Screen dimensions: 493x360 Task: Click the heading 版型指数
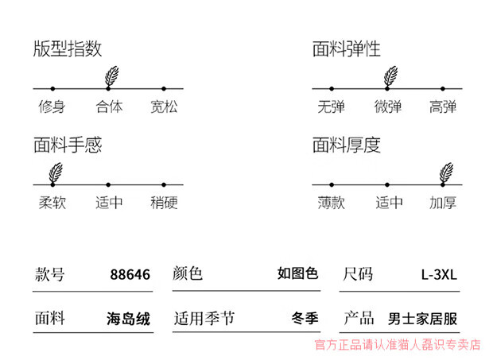click(68, 49)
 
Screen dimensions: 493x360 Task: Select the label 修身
click(52, 106)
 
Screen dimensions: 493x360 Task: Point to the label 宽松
click(164, 106)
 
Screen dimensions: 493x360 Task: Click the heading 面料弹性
click(346, 49)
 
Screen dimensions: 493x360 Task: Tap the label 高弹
click(443, 106)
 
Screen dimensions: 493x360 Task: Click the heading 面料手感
click(68, 145)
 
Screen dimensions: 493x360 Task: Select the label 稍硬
click(164, 202)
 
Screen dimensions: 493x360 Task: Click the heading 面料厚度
click(346, 145)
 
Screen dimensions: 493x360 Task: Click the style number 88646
click(130, 275)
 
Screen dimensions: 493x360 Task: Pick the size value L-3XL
click(439, 275)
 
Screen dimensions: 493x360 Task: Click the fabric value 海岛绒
click(128, 319)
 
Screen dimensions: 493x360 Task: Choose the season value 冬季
click(305, 319)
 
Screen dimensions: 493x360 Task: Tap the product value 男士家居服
click(422, 319)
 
